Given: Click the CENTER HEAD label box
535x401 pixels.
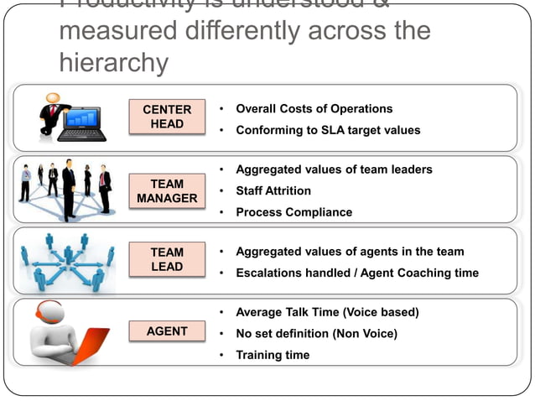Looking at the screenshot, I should pos(167,117).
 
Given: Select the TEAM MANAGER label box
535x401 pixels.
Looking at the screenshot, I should pos(167,191).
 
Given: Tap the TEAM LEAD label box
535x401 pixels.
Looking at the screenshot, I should pos(167,258).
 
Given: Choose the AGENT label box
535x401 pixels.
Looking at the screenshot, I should pos(167,331).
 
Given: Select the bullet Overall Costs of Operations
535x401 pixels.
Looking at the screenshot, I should pos(314,109).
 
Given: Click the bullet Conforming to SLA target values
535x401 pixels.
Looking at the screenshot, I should pos(328,130).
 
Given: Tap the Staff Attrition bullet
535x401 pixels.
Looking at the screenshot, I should pos(273,190).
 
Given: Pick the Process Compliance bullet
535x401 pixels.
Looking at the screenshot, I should pos(293,212).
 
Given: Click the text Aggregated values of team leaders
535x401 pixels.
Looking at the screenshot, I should pos(334,169).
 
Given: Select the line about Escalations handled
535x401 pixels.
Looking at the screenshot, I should pos(357,273).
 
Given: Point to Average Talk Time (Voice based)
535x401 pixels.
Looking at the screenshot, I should pos(327,312).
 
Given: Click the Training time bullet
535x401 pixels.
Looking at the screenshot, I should pos(273,355).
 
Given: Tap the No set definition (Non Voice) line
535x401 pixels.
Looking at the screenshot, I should pos(316,333).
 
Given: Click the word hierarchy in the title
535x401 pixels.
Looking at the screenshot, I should pos(114,63).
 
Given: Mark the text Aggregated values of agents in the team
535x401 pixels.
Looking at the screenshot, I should pos(350,252).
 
